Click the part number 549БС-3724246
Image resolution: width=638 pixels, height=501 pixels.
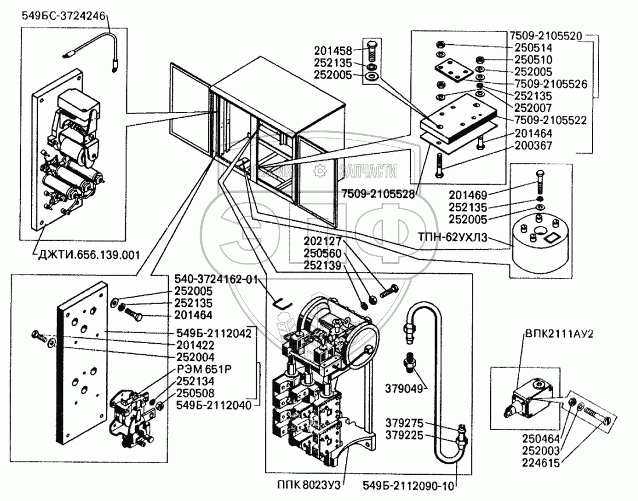coord(63,16)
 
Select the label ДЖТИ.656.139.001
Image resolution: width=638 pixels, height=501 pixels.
coord(88,255)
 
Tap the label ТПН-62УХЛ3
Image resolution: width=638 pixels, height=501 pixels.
coord(452,238)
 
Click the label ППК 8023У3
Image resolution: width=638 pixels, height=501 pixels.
coord(309,485)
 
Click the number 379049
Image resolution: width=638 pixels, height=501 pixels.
coord(403,389)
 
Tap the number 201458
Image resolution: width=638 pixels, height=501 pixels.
coord(333,51)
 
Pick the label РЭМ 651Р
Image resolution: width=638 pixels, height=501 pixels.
coord(204,369)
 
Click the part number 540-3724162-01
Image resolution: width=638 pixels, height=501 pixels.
coord(216,280)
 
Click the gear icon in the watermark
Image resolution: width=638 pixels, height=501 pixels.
coord(320,171)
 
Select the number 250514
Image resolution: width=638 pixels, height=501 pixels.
coord(533,48)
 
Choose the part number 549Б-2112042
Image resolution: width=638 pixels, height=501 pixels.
coord(214,333)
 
